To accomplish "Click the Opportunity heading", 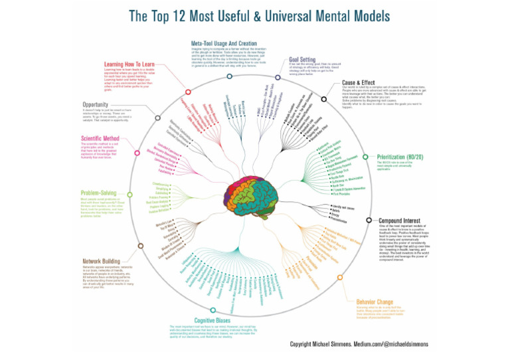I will pyautogui.click(x=100, y=105).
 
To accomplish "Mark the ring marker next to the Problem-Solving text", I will pyautogui.click(x=130, y=194).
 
